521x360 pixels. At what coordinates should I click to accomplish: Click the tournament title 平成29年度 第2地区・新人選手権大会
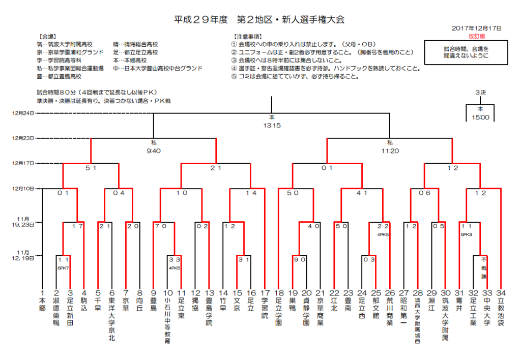pos(259,20)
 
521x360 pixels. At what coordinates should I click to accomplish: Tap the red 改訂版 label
pos(477,36)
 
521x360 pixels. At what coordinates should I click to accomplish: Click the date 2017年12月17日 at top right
pos(476,28)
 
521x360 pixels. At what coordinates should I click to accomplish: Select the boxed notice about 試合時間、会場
pos(466,52)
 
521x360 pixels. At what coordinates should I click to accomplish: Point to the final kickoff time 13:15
pos(272,126)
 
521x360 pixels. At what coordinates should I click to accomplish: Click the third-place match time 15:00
pos(480,117)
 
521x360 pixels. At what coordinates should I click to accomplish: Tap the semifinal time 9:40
pos(154,151)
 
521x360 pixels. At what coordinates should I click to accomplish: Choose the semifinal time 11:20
pos(390,151)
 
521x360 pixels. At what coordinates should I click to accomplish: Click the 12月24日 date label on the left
pos(23,113)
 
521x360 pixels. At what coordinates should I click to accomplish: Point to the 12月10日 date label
pos(23,189)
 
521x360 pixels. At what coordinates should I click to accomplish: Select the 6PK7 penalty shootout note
pos(63,268)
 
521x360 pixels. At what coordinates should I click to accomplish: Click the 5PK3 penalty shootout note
pos(466,234)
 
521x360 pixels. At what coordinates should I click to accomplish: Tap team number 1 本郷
pos(42,301)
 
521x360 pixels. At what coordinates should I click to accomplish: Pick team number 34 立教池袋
pos(501,308)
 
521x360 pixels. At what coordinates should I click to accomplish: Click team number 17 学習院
pos(265,304)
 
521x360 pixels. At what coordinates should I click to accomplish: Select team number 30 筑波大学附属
pos(445,315)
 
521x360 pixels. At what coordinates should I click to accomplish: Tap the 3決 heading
pos(480,93)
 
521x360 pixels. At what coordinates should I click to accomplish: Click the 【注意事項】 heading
pos(248,37)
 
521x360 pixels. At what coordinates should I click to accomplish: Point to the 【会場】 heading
pos(47,37)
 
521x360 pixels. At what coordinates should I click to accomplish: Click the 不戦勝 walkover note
pos(484,267)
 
